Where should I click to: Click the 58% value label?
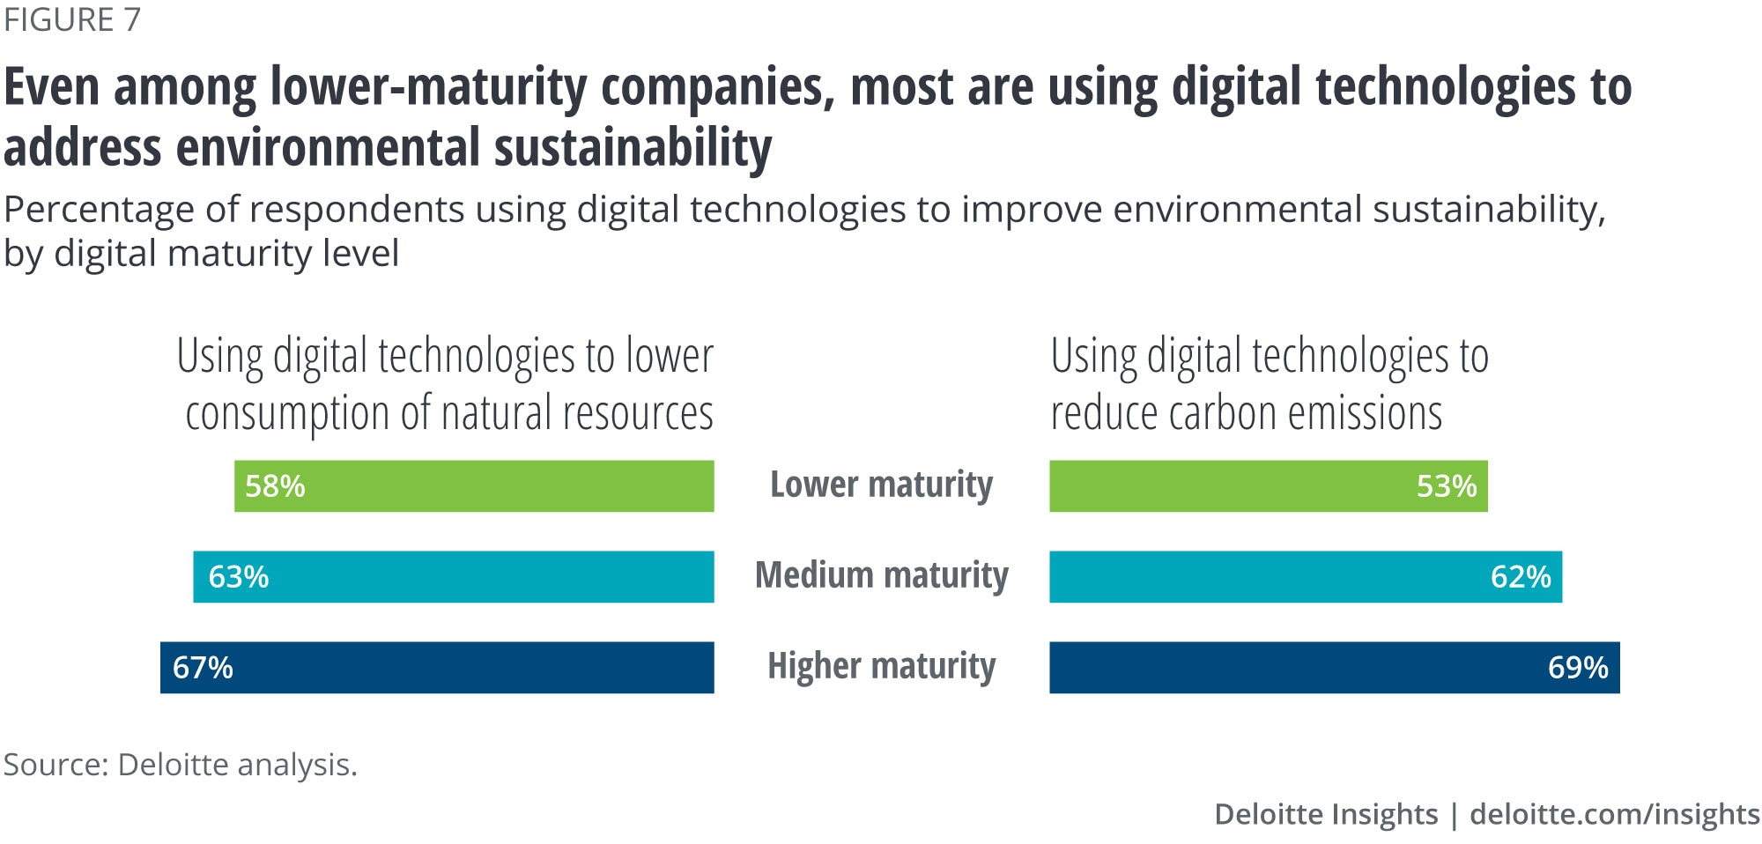point(275,486)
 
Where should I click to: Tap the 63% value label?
point(238,577)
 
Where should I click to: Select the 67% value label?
point(203,668)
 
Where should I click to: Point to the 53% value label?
point(1447,486)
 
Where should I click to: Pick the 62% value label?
point(1521,577)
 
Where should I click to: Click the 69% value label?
point(1578,668)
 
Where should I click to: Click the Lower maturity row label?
point(881,485)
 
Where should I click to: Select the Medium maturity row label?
point(881,575)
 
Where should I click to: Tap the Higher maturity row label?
point(881,666)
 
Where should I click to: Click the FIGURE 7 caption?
point(72,19)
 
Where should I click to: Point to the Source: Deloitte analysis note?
point(180,765)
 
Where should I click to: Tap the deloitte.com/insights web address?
point(1614,814)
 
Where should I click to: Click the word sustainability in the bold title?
point(632,147)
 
